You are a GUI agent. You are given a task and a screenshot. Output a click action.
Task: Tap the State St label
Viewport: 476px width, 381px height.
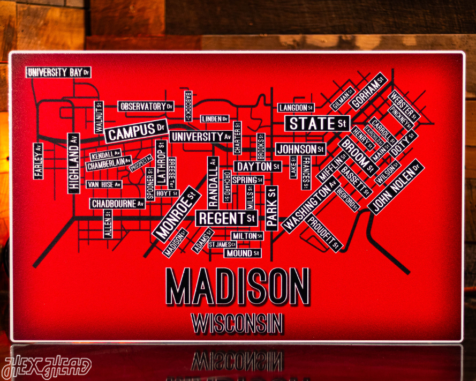[x=317, y=123]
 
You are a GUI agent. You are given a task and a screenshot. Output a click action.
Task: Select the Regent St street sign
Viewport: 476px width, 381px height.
[x=226, y=218]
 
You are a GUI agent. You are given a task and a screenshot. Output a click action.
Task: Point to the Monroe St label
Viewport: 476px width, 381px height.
[x=177, y=213]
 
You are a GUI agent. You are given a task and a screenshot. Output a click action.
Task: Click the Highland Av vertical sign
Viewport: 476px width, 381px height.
[x=73, y=163]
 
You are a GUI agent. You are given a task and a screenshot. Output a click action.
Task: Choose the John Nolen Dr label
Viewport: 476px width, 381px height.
[x=398, y=186]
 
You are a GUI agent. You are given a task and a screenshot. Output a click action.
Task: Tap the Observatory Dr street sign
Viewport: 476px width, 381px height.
[x=146, y=106]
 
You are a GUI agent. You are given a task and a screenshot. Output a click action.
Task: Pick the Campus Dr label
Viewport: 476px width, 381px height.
[x=136, y=131]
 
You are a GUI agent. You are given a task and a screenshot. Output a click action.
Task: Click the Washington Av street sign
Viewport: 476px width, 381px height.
[x=310, y=206]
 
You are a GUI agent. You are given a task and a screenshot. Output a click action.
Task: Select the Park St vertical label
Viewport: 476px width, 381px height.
[x=271, y=208]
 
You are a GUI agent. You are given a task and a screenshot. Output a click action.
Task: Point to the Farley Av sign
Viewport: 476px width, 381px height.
[x=38, y=161]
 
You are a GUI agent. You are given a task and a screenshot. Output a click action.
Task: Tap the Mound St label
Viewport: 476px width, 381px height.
[x=242, y=253]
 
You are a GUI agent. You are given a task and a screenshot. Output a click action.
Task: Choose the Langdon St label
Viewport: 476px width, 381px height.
[x=296, y=108]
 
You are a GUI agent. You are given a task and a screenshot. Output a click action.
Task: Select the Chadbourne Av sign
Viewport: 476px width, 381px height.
[x=117, y=204]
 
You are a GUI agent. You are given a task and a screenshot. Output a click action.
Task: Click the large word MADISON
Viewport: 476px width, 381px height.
[x=238, y=286]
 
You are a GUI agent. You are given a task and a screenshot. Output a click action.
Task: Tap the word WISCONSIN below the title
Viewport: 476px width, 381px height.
[x=237, y=323]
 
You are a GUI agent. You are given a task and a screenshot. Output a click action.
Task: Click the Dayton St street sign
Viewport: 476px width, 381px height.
[x=258, y=167]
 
